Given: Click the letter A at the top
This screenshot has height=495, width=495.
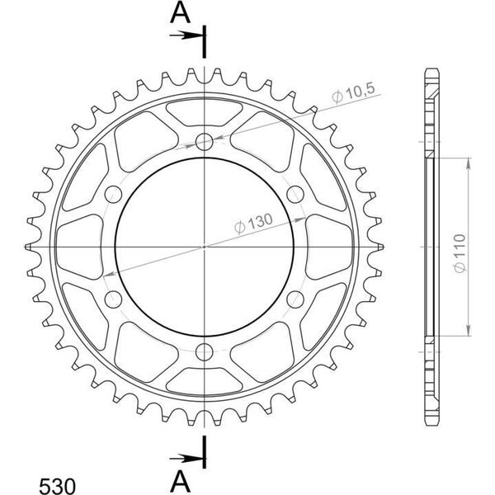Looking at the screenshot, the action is tap(180, 13).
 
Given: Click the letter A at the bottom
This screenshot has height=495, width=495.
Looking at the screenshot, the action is tap(180, 483).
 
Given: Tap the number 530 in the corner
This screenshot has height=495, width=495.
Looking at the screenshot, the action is tap(57, 486).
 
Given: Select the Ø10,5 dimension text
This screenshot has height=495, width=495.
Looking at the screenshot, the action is tap(353, 93).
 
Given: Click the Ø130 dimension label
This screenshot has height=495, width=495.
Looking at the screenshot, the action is tap(253, 224).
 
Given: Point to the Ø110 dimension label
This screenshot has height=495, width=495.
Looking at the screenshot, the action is tap(460, 253).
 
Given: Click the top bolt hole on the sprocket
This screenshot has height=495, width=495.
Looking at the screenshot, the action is tap(205, 141).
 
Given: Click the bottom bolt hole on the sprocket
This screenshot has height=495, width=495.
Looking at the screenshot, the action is tap(205, 352).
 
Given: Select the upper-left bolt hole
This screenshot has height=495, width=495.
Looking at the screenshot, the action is tap(113, 194).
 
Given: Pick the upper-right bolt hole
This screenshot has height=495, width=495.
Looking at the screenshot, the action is tap(295, 194).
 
